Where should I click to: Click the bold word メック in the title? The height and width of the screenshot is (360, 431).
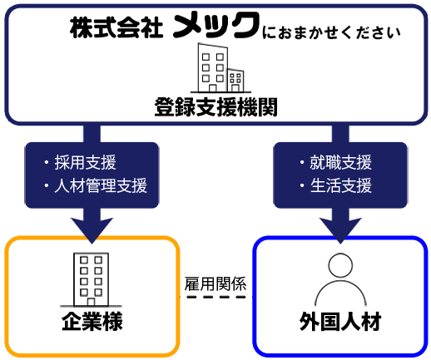click(216, 25)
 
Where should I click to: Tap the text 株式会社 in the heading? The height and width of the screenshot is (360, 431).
click(116, 27)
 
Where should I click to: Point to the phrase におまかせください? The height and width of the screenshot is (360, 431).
click(331, 32)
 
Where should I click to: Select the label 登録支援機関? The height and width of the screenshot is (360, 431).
click(215, 107)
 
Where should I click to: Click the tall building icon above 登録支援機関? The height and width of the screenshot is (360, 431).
click(212, 67)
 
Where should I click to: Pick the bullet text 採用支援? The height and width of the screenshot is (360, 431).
click(85, 162)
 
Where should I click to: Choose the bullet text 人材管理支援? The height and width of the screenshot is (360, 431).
click(101, 185)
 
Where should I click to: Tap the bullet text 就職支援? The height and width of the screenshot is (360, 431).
click(340, 162)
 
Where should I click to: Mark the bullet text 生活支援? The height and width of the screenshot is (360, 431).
click(340, 185)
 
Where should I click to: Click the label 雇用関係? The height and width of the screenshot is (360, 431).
click(215, 284)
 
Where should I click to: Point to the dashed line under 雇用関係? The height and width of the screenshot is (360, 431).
click(216, 297)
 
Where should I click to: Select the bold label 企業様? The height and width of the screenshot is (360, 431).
click(92, 322)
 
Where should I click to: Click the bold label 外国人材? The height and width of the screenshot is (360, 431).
click(340, 322)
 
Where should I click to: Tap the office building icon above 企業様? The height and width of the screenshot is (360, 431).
click(91, 279)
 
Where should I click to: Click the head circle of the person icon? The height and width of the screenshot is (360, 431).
click(340, 265)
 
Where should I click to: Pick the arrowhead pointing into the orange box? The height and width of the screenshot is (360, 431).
click(92, 230)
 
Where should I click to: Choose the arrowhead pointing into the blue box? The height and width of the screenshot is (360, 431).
click(340, 230)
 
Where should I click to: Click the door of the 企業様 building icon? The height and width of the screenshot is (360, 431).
click(91, 302)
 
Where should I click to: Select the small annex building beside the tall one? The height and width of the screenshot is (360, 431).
click(235, 81)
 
